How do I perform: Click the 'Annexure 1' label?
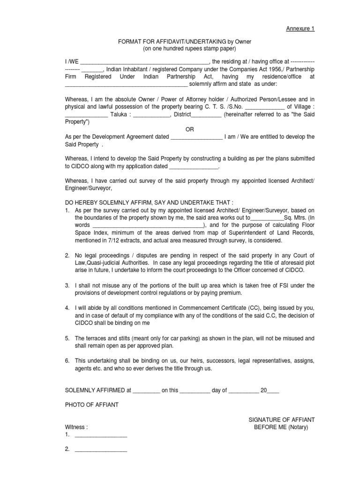(300, 29)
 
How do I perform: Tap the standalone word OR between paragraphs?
(189, 129)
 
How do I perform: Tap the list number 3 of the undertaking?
(67, 285)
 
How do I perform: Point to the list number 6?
(67, 361)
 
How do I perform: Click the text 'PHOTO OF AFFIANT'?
(91, 405)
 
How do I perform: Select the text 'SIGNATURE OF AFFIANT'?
(281, 420)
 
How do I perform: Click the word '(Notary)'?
(298, 427)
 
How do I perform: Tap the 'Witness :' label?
(76, 427)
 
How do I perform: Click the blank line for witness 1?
(101, 435)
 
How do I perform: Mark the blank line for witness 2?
(101, 450)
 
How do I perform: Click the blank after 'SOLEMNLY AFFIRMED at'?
(146, 390)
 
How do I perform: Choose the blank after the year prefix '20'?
(273, 390)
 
